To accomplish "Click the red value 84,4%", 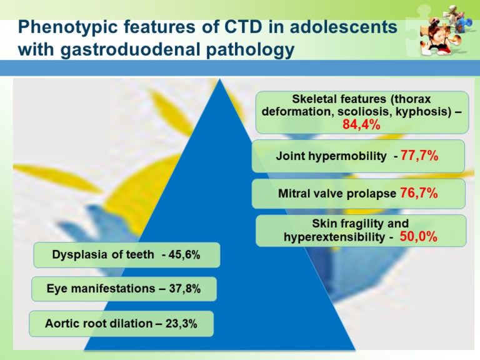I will pyautogui.click(x=362, y=124).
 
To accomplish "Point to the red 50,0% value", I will pyautogui.click(x=418, y=237).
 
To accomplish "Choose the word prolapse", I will pyautogui.click(x=374, y=194).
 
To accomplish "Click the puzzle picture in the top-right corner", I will pyautogui.click(x=444, y=32).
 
